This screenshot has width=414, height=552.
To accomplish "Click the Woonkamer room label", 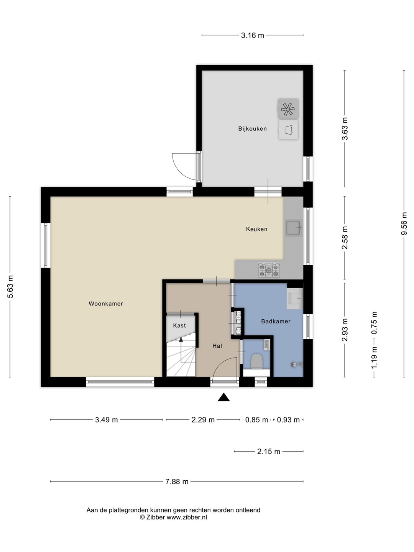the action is click(x=105, y=304).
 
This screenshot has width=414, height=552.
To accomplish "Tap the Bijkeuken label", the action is click(x=252, y=128).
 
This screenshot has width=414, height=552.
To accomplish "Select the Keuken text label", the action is click(x=256, y=229).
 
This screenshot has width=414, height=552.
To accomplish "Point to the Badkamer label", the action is click(x=276, y=321).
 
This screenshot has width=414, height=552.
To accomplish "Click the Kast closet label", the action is click(x=179, y=325).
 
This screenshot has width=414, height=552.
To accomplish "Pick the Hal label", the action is click(x=217, y=346).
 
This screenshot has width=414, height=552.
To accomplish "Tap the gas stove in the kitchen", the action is click(x=269, y=270).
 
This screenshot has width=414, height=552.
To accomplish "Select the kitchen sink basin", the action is click(x=293, y=228).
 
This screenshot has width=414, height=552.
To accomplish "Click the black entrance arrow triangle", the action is click(x=223, y=397).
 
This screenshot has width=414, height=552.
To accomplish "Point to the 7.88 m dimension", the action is click(x=177, y=481).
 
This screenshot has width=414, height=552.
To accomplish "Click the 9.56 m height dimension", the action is click(x=404, y=223).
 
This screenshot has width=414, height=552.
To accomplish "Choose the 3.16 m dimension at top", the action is click(x=252, y=36).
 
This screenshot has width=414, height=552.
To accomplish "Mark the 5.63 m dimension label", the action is click(x=10, y=287).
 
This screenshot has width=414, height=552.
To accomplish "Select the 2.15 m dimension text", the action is click(x=268, y=452).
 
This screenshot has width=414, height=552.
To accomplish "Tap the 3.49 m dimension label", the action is click(x=106, y=420).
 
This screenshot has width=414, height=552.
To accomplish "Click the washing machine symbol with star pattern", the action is click(x=288, y=109).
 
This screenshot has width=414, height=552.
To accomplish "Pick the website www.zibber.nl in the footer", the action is click(x=187, y=517).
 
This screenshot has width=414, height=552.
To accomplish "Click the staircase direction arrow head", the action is click(x=181, y=340).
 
